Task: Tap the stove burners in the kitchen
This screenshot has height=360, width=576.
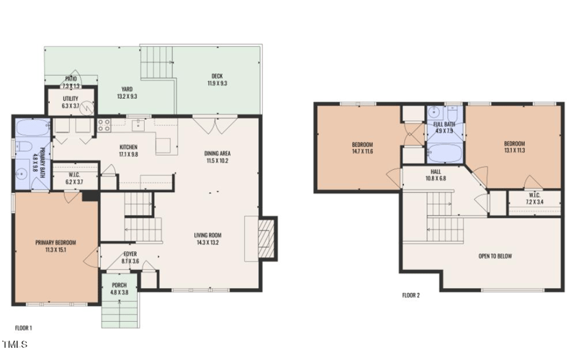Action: pyautogui.click(x=104, y=123)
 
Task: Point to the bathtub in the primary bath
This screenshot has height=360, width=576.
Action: pyautogui.click(x=30, y=129)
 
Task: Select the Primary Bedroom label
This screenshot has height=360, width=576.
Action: pyautogui.click(x=55, y=243)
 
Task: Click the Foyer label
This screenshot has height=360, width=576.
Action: pyautogui.click(x=130, y=254)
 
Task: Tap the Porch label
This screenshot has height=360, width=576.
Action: pyautogui.click(x=120, y=286)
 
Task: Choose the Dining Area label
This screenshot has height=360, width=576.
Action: pyautogui.click(x=217, y=153)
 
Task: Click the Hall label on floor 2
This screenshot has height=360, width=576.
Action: pyautogui.click(x=436, y=171)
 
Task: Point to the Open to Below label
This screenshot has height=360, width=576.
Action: pyautogui.click(x=495, y=256)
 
